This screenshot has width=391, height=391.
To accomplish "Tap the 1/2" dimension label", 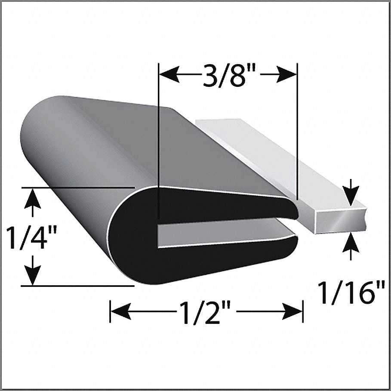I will (207, 311).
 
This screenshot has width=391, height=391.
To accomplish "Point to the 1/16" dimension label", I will (351, 292).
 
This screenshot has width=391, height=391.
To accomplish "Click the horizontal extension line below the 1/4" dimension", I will (77, 285).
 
